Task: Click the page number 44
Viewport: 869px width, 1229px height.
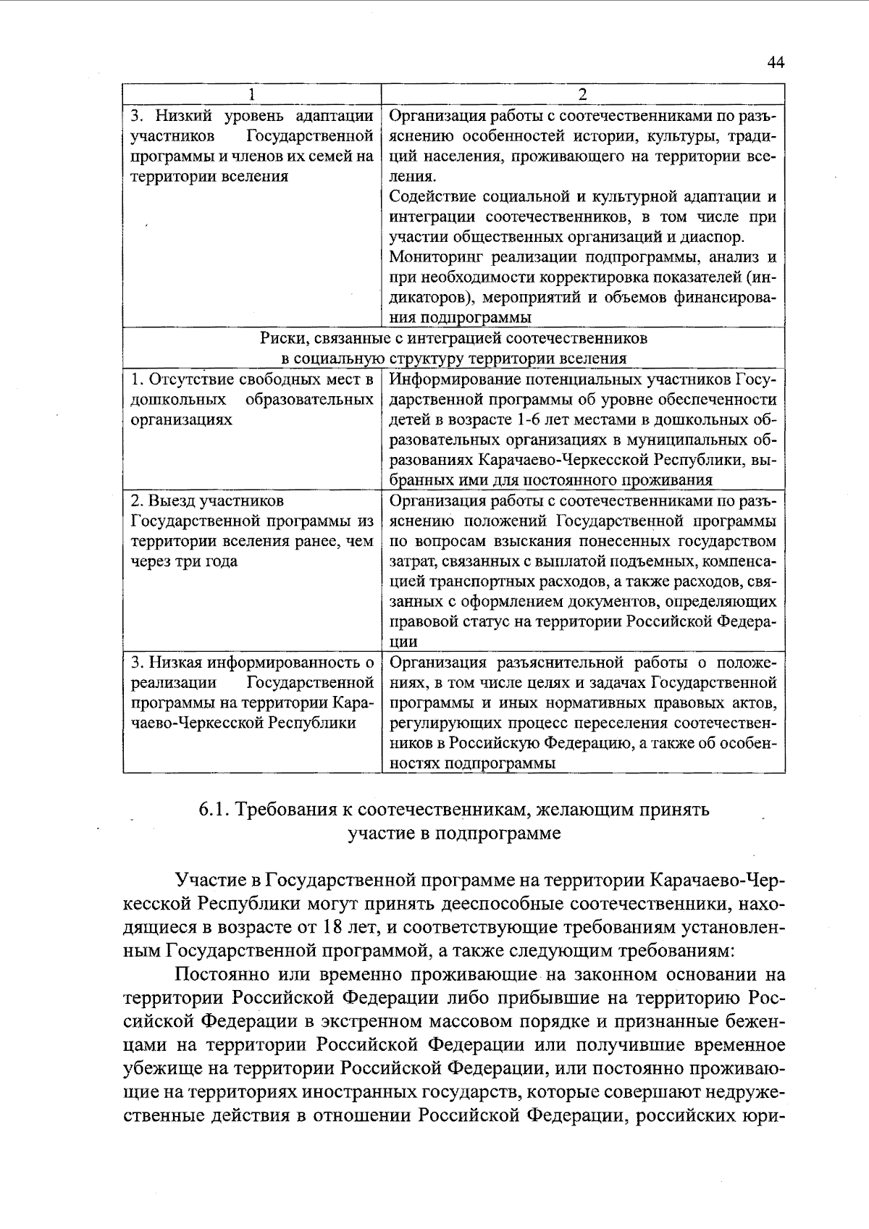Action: [x=776, y=63]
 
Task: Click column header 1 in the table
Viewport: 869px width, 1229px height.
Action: [x=251, y=94]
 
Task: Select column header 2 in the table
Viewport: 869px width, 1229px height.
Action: [x=582, y=94]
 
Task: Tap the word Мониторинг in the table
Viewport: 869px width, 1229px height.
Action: [x=434, y=256]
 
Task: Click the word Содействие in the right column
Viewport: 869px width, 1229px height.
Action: [x=432, y=196]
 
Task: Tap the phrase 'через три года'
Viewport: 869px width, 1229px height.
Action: [x=184, y=561]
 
